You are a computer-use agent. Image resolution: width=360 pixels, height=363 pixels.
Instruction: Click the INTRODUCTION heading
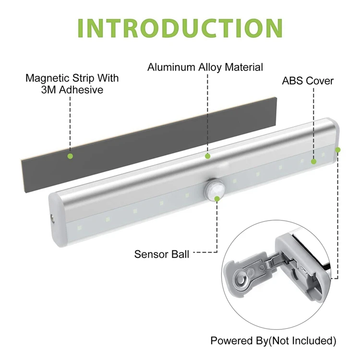(x=180, y=29)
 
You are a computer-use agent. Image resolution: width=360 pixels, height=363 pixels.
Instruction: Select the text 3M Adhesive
(x=72, y=90)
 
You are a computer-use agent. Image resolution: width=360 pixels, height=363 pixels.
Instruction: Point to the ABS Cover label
(x=307, y=81)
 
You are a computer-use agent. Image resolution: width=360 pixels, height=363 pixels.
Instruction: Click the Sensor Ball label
(x=162, y=254)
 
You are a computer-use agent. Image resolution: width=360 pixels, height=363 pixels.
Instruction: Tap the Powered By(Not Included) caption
(x=273, y=341)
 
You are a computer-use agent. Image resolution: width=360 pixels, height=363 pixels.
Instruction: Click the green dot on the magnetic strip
(x=70, y=156)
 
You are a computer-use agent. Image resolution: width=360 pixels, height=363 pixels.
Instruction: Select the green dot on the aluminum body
(x=207, y=155)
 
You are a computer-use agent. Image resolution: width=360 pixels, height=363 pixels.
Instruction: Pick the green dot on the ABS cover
(x=314, y=162)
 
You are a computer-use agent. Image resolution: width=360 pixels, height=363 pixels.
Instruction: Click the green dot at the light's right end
(x=338, y=150)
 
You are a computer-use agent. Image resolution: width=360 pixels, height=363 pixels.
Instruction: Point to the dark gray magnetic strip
(x=144, y=139)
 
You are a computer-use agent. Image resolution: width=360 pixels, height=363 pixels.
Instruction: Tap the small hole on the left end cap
(x=51, y=219)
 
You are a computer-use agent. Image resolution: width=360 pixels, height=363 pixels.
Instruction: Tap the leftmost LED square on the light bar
(x=80, y=226)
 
